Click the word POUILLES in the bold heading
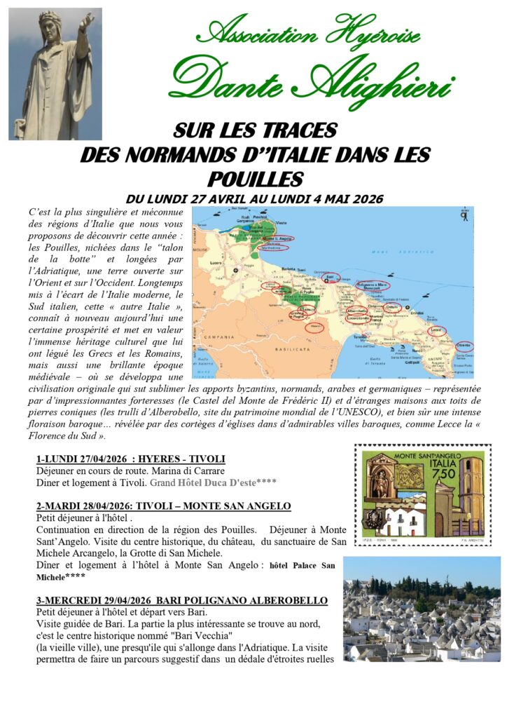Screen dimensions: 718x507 255,177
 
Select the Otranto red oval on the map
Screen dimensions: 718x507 464,346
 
